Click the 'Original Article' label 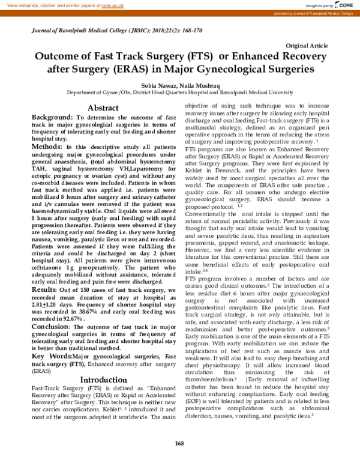(x=307, y=46)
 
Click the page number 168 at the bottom (x=179, y=443)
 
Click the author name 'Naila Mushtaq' (x=196, y=85)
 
